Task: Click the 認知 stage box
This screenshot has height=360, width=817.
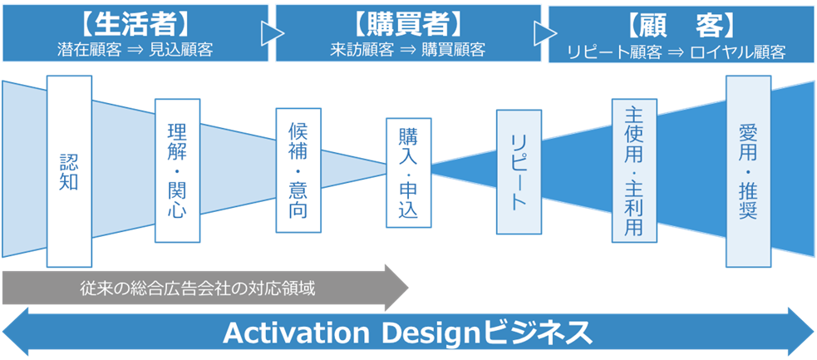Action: click(69, 171)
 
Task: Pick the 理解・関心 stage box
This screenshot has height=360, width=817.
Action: click(177, 170)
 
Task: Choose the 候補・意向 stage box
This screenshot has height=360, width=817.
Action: click(298, 170)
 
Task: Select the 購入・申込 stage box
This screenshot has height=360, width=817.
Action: click(409, 172)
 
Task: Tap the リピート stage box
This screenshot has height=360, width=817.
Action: click(519, 172)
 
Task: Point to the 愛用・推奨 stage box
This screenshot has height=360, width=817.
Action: click(748, 171)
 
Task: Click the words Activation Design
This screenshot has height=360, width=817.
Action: click(353, 333)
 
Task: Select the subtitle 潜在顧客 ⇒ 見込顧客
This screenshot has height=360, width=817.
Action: click(135, 50)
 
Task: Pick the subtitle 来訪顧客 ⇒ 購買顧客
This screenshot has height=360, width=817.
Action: click(408, 50)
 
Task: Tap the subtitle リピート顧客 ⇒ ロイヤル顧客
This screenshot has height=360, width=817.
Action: click(677, 52)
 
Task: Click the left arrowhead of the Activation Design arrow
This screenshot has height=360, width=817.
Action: click(16, 332)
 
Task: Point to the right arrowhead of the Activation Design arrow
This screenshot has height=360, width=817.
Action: click(801, 332)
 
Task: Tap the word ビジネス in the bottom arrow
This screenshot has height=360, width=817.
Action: click(539, 333)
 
